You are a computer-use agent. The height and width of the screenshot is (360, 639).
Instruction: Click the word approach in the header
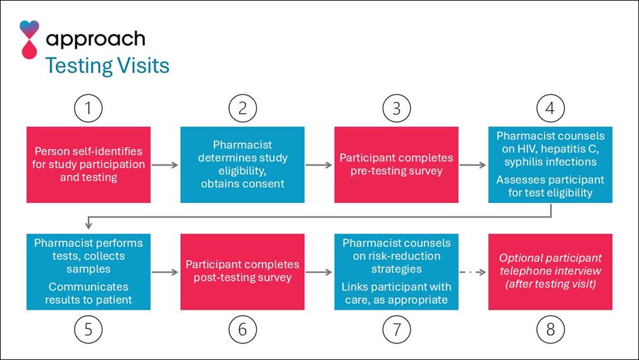pos(96,39)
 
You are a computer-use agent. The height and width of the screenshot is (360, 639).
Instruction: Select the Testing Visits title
pos(107,65)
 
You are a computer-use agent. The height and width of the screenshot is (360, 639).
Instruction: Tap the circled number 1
pos(88,108)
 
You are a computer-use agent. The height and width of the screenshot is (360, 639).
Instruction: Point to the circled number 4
pos(550,108)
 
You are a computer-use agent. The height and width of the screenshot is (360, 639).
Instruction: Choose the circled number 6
pos(242,328)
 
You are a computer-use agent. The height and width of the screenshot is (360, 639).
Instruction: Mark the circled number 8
pos(550,328)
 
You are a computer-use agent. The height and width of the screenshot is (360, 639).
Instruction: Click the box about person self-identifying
pos(89,164)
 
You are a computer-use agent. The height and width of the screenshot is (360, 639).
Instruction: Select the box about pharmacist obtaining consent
pos(242,164)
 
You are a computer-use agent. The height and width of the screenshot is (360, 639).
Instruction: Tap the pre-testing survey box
pos(396,164)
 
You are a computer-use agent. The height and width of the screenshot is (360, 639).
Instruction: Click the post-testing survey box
pos(242,272)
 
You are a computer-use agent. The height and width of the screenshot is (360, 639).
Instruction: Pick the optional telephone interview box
pos(550,272)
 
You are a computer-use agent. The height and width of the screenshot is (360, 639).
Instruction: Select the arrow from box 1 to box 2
pos(165,165)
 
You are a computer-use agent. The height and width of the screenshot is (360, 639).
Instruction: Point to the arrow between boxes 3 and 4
pos(473,165)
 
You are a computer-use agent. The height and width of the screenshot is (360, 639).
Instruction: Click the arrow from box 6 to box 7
pos(319,273)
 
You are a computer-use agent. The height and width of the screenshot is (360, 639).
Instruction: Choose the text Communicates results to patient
pos(89,293)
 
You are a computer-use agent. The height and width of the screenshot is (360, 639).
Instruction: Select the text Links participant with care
pos(396,293)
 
